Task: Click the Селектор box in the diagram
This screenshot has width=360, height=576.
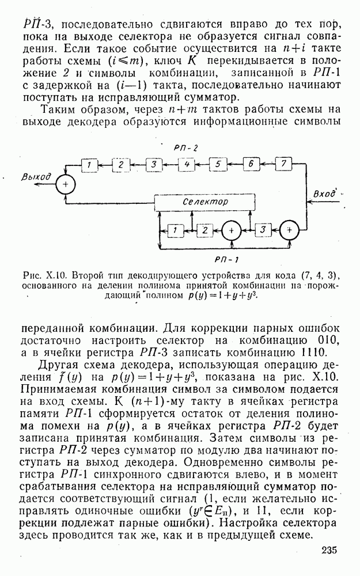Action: (x=205, y=203)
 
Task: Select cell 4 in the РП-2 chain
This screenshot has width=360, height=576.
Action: (x=185, y=165)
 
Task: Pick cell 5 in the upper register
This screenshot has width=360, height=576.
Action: (x=218, y=165)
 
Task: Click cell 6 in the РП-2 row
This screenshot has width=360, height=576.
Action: (x=251, y=165)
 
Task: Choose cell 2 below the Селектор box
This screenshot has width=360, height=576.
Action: (x=203, y=230)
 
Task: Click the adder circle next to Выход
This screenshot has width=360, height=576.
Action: (x=66, y=184)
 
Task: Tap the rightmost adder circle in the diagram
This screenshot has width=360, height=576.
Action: (x=290, y=230)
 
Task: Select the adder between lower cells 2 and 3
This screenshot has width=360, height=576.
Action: (x=232, y=230)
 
